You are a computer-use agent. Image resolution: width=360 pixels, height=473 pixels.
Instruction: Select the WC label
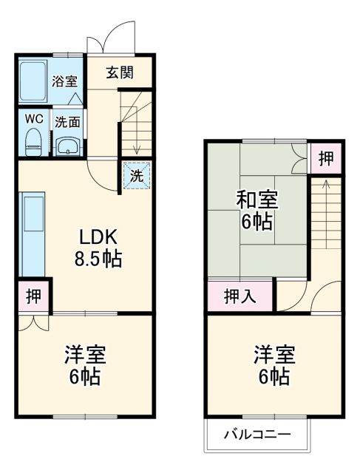33,118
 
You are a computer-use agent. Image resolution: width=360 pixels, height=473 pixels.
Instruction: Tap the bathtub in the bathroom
33,81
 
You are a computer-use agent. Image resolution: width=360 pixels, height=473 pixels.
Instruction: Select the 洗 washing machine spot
137,176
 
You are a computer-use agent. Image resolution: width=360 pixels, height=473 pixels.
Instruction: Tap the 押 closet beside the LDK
33,296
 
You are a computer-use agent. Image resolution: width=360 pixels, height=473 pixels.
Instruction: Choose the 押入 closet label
240,297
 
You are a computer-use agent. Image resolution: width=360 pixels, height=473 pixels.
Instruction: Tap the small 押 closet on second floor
326,158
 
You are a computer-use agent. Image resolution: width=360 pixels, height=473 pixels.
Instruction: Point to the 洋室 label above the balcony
274,355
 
